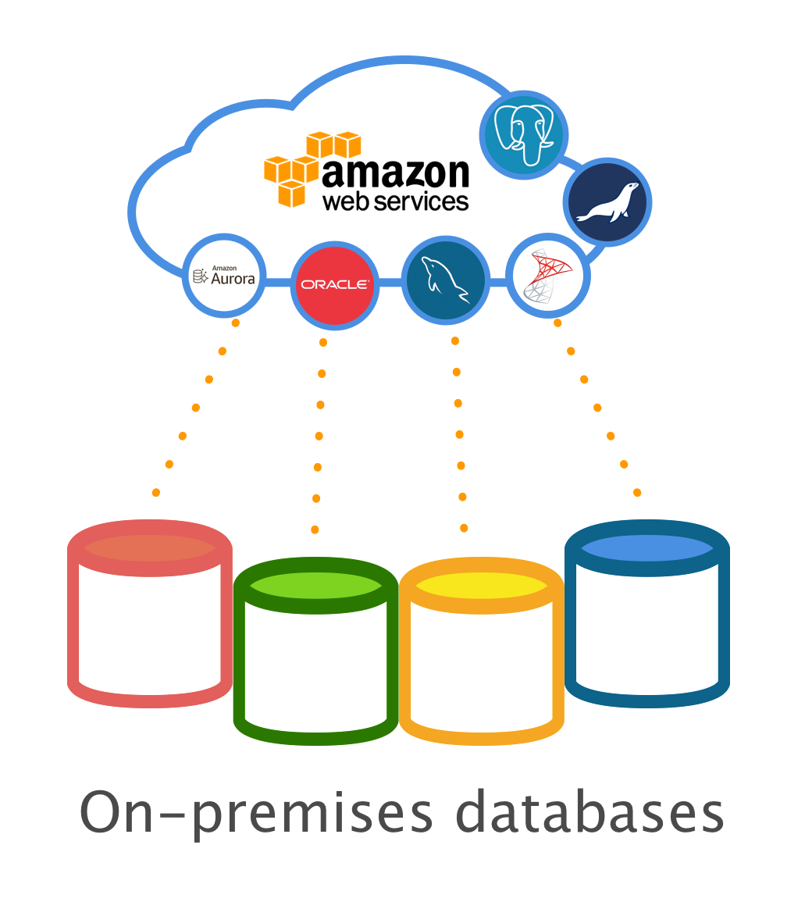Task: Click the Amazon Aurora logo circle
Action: pyautogui.click(x=224, y=276)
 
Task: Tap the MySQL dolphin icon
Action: pyautogui.click(x=445, y=280)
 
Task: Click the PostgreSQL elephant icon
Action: pyautogui.click(x=523, y=134)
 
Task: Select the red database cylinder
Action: pyautogui.click(x=149, y=625)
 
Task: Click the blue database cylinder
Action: pyautogui.click(x=646, y=625)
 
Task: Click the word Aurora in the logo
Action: pyautogui.click(x=233, y=278)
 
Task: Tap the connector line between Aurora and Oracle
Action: pyautogui.click(x=279, y=280)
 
